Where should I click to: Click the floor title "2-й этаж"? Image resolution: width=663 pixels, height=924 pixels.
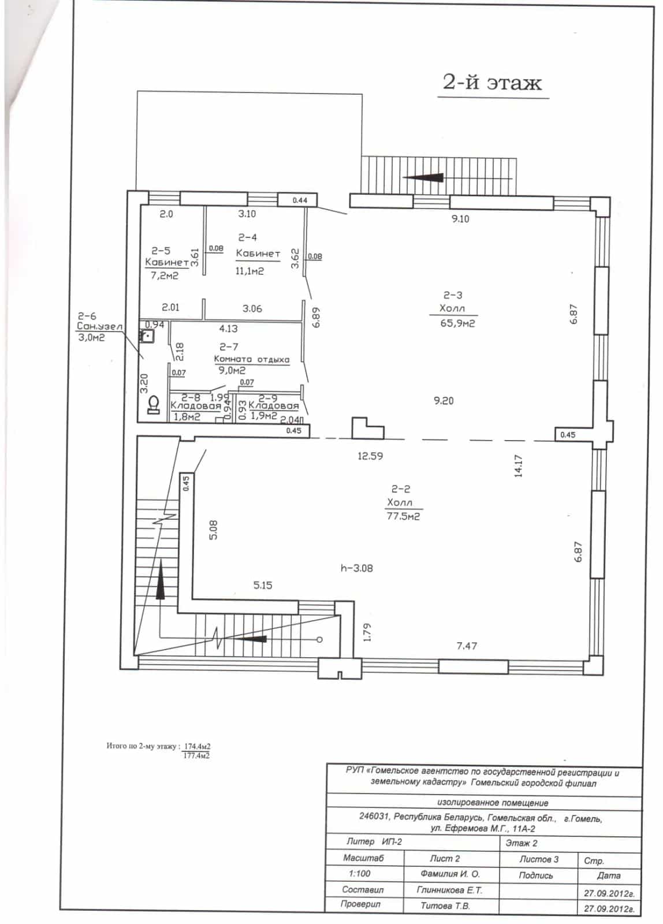[492, 83]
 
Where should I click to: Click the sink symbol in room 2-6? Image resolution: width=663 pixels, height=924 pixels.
[147, 336]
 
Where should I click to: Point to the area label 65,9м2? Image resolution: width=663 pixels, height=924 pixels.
[457, 323]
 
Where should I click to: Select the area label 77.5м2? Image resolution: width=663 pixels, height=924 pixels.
[403, 516]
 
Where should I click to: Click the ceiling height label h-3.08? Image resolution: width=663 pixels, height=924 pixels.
[357, 568]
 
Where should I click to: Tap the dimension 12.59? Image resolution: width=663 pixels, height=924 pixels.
[370, 456]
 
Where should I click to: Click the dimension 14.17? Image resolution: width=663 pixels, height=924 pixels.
[518, 465]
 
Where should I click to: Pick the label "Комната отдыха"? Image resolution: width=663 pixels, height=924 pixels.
[252, 359]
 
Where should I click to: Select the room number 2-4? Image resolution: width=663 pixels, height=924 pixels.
[248, 237]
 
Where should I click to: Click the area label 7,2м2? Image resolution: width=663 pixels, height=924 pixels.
[165, 275]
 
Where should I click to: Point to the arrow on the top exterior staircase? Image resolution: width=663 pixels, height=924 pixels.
[423, 178]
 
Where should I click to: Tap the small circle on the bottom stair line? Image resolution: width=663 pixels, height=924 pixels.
[319, 640]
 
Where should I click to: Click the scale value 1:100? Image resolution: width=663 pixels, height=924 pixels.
[360, 873]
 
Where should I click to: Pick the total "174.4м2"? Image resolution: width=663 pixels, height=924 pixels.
[197, 746]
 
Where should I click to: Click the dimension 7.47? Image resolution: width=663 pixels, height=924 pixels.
[467, 646]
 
